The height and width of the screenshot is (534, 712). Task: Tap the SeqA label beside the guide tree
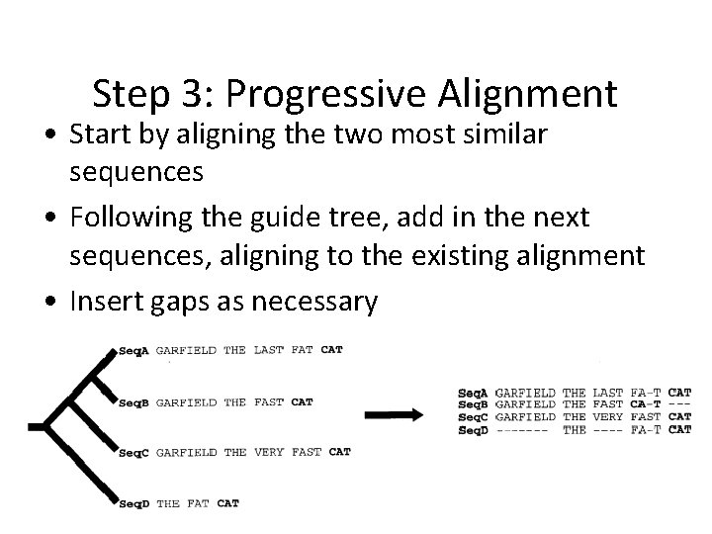[x=133, y=350]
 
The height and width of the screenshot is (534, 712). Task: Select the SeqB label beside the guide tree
[x=133, y=402]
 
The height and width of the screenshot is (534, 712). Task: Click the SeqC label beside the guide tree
[x=133, y=453]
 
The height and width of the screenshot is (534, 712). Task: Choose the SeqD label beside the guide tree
[x=133, y=504]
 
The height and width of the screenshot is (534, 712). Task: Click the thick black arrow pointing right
[x=396, y=412]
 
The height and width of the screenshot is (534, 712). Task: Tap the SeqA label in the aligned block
[x=474, y=393]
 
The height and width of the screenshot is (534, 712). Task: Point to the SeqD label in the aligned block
[x=474, y=429]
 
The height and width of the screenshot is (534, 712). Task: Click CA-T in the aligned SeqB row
[x=646, y=404]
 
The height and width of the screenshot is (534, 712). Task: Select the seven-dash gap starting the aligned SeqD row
[x=525, y=429]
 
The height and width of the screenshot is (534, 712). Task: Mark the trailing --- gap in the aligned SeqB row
[x=680, y=404]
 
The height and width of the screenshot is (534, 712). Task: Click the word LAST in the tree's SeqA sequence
[x=268, y=350]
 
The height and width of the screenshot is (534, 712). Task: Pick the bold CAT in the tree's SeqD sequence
[x=227, y=504]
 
